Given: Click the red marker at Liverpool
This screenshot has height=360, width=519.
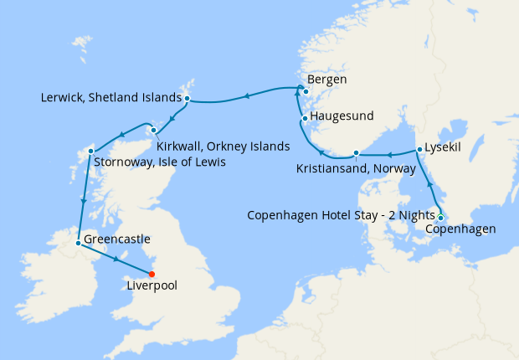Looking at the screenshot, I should click(x=152, y=274).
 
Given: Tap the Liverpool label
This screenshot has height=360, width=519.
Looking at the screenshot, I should click(x=152, y=285).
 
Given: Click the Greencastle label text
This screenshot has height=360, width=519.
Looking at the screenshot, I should click(x=117, y=239).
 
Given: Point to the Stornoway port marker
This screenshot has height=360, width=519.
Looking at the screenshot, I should click(x=90, y=151).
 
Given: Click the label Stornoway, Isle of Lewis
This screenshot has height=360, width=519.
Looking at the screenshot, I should click(x=159, y=162).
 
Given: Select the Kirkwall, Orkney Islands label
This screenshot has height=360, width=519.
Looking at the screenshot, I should click(x=223, y=146).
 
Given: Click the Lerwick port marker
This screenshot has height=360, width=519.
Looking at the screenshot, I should click(x=187, y=99).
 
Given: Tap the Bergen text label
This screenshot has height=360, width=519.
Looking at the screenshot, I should click(x=327, y=80).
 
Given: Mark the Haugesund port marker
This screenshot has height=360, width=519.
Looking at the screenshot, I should click(x=306, y=117).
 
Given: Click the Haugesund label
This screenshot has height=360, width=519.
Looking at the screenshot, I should click(x=342, y=116).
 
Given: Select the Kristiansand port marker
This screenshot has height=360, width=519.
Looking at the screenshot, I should click(x=357, y=152).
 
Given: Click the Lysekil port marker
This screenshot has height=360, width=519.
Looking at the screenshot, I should click(x=419, y=150).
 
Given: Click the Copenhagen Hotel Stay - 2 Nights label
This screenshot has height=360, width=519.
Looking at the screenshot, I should click(x=342, y=215).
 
